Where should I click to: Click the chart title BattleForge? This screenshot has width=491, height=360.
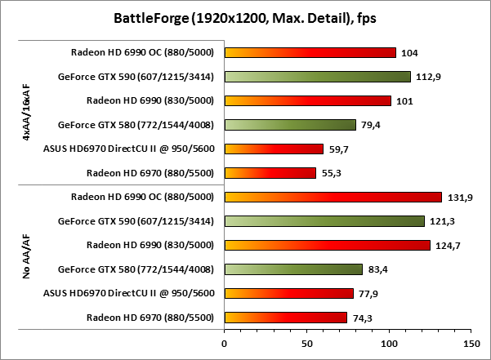tap(245, 17)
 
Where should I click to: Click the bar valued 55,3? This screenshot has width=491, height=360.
tap(270, 173)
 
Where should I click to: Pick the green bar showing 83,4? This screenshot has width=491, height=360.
tap(292, 269)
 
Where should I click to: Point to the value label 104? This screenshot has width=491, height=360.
tap(411, 53)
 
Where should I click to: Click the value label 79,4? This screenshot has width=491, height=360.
tap(371, 125)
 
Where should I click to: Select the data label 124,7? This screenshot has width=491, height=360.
tap(446, 245)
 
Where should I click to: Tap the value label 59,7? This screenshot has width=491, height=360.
tap(339, 149)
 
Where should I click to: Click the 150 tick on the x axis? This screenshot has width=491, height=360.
tap(471, 343)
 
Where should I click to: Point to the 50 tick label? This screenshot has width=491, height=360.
tap(306, 343)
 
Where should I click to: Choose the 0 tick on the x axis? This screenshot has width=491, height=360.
tap(224, 343)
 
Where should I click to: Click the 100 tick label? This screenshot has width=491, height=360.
tap(388, 343)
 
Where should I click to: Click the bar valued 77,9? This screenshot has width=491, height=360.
tap(288, 293)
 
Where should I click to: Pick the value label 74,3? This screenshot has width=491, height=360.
tap(363, 318)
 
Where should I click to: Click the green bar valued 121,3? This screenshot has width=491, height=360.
tap(324, 221)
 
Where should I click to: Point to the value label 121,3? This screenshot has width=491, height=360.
tap(441, 221)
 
